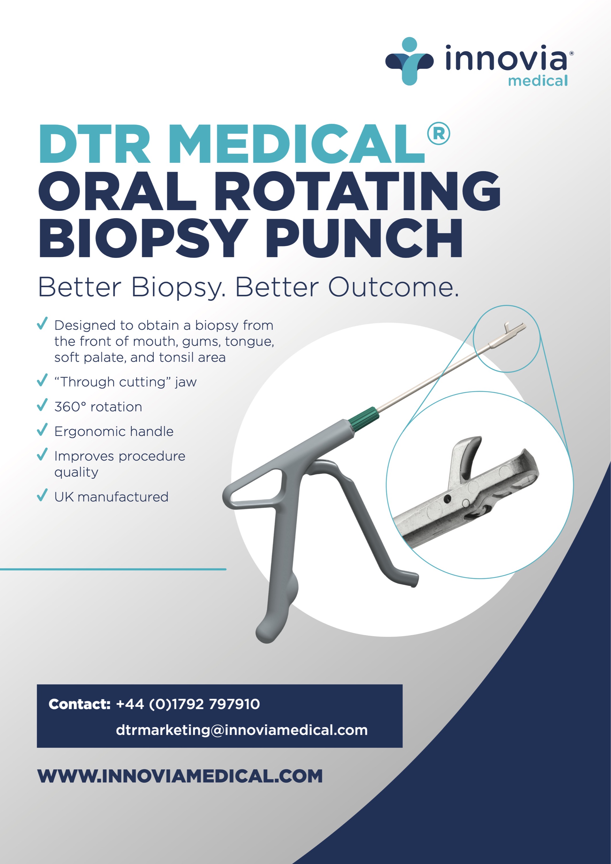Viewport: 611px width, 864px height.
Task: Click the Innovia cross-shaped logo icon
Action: (409, 61)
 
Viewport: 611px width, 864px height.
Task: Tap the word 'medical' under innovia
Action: (538, 81)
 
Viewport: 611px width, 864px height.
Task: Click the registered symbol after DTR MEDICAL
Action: (438, 134)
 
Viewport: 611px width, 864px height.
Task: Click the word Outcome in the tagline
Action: (394, 287)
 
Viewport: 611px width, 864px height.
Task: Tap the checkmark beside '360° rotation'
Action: (42, 405)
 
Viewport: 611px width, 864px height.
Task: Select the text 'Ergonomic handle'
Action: (114, 431)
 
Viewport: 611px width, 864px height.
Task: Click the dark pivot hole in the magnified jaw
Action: (447, 499)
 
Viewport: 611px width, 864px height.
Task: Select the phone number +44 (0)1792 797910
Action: (188, 704)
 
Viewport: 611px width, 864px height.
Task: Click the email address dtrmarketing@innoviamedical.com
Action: (242, 730)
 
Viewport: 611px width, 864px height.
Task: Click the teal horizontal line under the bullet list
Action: (113, 569)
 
